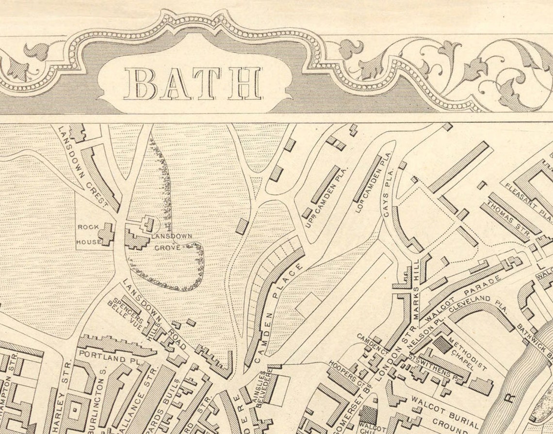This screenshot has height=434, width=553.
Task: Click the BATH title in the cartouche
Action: point(193,83)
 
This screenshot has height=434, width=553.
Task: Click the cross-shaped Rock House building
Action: point(106,234)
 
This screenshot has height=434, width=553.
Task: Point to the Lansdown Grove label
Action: point(170,241)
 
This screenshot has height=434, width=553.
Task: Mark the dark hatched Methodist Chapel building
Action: point(442,345)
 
